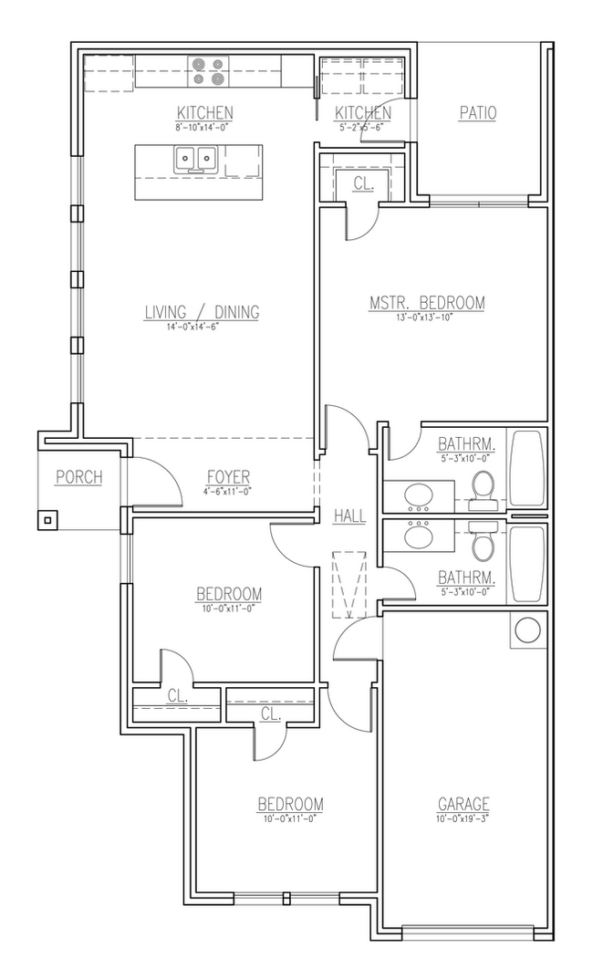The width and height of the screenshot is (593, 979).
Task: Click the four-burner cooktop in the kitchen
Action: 207,71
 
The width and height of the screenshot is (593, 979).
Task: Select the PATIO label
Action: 477,113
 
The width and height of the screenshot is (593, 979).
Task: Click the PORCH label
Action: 78,476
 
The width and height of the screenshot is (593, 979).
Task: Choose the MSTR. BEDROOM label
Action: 426,303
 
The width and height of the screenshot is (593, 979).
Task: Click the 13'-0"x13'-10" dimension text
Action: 426,317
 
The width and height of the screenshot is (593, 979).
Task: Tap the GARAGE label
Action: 463,804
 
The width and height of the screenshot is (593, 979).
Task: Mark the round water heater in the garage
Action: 527,630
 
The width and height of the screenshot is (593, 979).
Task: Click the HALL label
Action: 349,516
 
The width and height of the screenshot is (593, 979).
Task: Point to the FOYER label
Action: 228,477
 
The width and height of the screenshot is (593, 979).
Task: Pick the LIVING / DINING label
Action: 202,312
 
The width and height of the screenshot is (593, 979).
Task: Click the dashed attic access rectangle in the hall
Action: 349,585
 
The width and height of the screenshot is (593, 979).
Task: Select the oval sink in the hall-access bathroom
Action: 420,536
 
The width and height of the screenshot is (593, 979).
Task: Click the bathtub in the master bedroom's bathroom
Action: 527,468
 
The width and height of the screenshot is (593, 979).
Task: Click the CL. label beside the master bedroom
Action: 363,183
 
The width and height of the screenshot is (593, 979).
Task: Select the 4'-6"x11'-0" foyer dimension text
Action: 227,491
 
